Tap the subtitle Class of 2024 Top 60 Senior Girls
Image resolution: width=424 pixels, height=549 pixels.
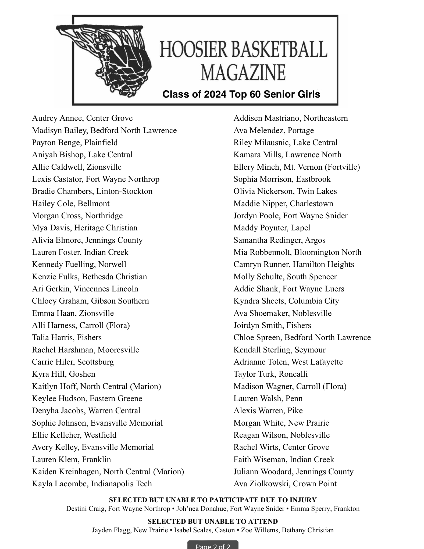pyautogui.click(x=241, y=94)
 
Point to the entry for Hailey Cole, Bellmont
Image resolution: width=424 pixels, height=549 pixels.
pyautogui.click(x=71, y=204)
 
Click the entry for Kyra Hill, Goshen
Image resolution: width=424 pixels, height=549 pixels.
pyautogui.click(x=63, y=374)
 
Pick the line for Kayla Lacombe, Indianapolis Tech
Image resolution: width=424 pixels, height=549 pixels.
pyautogui.click(x=92, y=484)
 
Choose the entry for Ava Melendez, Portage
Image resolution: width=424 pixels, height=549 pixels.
pyautogui.click(x=273, y=130)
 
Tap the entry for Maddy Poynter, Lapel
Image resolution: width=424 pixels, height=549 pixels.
pyautogui.click(x=272, y=228)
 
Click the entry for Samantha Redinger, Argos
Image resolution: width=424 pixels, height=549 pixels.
pyautogui.click(x=279, y=240)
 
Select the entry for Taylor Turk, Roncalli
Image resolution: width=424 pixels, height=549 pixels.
pyautogui.click(x=270, y=374)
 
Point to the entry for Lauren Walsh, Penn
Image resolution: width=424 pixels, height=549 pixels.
pyautogui.click(x=268, y=398)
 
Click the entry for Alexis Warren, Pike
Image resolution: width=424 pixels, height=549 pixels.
pyautogui.click(x=268, y=411)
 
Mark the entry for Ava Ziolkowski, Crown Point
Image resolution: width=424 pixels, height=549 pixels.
pyautogui.click(x=285, y=484)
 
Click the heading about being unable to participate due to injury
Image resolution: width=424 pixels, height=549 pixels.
pyautogui.click(x=213, y=500)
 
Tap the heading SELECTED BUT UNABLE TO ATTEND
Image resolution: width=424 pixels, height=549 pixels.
pyautogui.click(x=213, y=521)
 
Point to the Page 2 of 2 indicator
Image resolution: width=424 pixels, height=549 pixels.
pyautogui.click(x=213, y=546)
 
